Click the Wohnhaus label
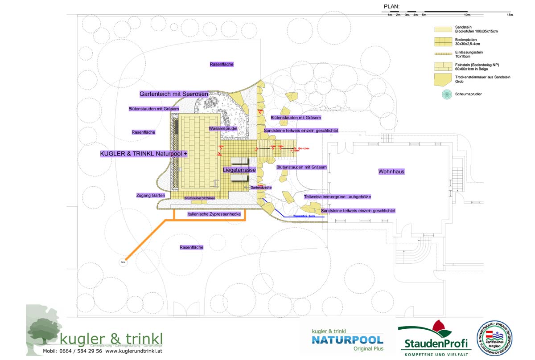391,172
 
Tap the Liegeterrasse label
239,170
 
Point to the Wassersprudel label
223,129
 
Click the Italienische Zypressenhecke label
214,214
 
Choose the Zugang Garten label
151,196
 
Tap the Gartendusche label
261,188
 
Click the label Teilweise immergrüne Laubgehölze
337,196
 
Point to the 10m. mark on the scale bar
467,15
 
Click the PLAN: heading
391,7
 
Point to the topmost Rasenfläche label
222,64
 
